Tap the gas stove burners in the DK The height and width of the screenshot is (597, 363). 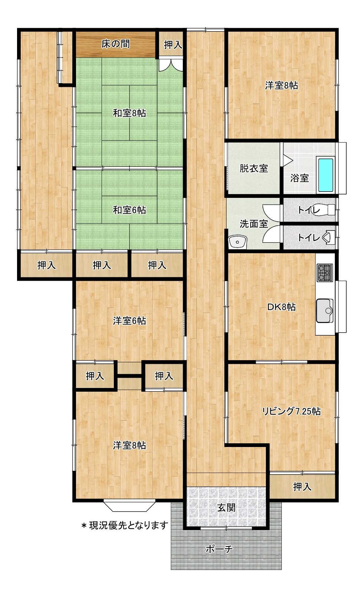click(x=325, y=273)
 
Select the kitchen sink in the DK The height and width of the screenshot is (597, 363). click(x=325, y=311)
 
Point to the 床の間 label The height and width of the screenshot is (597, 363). click(x=116, y=44)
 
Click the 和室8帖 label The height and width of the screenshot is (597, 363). click(x=129, y=113)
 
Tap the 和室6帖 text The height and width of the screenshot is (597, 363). click(x=129, y=210)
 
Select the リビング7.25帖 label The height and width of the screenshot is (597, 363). click(x=291, y=411)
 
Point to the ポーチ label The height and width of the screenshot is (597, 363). click(x=219, y=549)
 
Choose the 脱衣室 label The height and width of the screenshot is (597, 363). click(x=254, y=169)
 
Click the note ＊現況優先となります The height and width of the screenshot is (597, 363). click(x=125, y=525)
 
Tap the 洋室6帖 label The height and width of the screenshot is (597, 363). click(x=129, y=321)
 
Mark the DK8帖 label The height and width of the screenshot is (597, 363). click(x=281, y=307)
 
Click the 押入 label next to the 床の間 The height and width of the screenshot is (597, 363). click(x=173, y=45)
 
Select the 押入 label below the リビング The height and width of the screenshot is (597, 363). click(x=302, y=487)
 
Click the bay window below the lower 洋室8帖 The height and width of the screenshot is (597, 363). click(x=129, y=506)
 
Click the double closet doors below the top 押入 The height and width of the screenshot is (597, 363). click(x=171, y=65)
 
